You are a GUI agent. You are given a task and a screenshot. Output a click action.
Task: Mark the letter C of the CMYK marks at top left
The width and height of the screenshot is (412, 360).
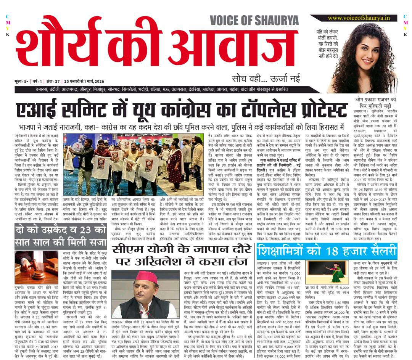(x=7, y=16)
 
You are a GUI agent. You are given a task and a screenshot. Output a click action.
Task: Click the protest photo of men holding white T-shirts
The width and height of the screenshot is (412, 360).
(x=134, y=165)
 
